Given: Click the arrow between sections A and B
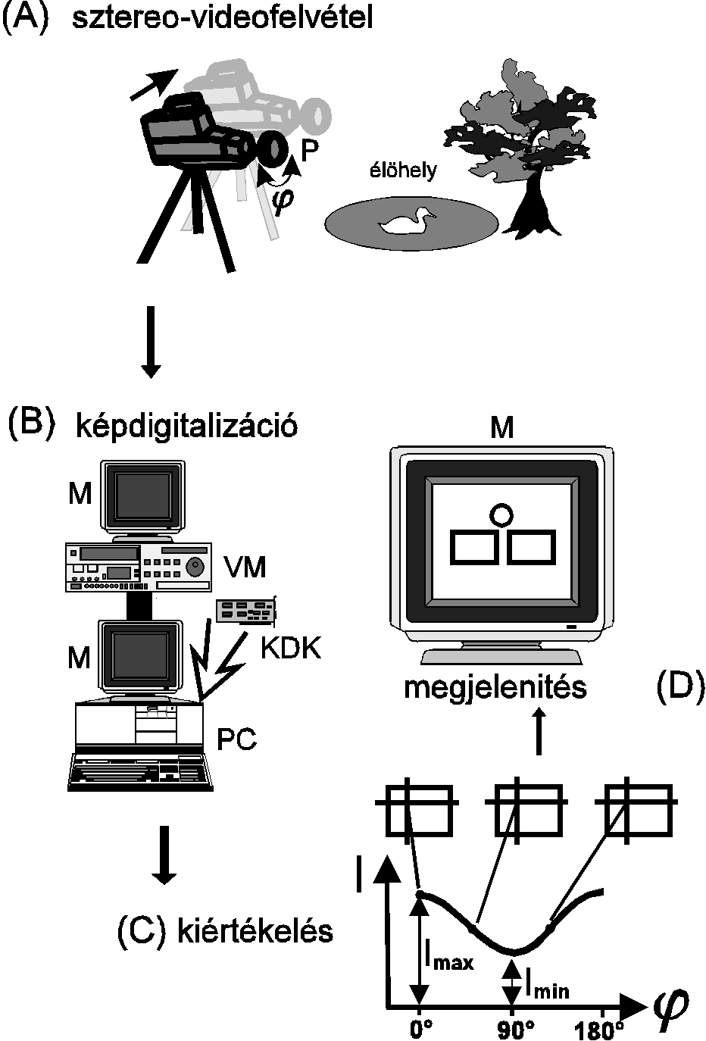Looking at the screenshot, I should tap(151, 340).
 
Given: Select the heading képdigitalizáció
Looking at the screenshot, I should tap(186, 427).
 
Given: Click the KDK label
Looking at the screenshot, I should tap(290, 649).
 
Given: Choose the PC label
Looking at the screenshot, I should tap(236, 739).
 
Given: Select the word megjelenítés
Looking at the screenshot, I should tap(495, 688).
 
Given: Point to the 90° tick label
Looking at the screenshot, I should tap(514, 1029).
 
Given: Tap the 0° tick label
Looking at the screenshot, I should tap(421, 1029).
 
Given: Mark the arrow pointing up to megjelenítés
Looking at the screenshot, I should tap(538, 731).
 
